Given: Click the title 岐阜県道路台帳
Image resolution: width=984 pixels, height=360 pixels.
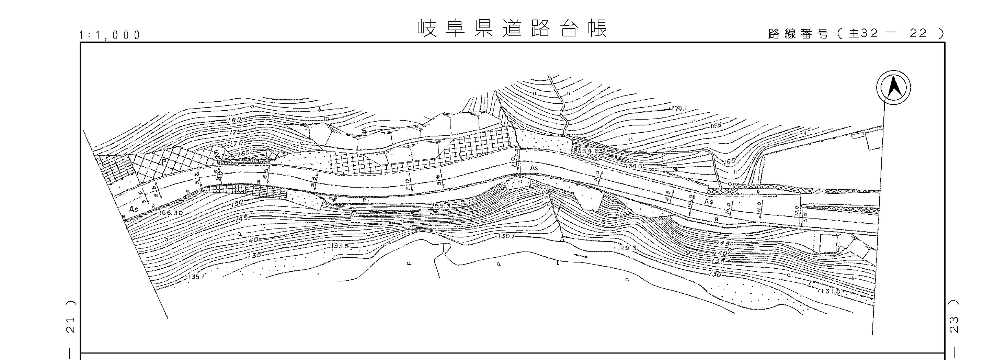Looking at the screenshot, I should tap(512, 29).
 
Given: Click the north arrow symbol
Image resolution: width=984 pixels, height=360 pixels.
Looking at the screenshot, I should tap(893, 87).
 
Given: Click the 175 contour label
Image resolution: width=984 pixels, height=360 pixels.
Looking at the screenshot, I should tap(235, 132).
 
